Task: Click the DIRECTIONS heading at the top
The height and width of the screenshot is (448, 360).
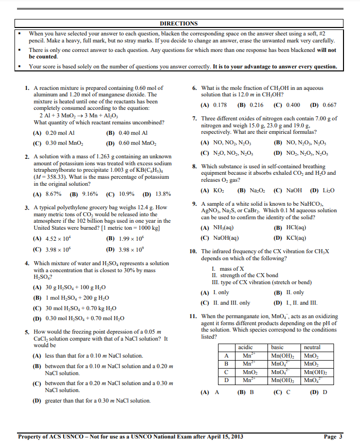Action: point(178,23)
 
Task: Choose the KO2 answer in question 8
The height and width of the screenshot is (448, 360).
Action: point(218,190)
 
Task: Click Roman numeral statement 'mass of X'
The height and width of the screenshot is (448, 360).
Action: point(232,269)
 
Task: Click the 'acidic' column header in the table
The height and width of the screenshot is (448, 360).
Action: point(245,347)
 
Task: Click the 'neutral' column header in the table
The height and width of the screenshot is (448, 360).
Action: point(312,347)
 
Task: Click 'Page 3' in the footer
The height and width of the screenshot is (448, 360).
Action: point(333,437)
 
